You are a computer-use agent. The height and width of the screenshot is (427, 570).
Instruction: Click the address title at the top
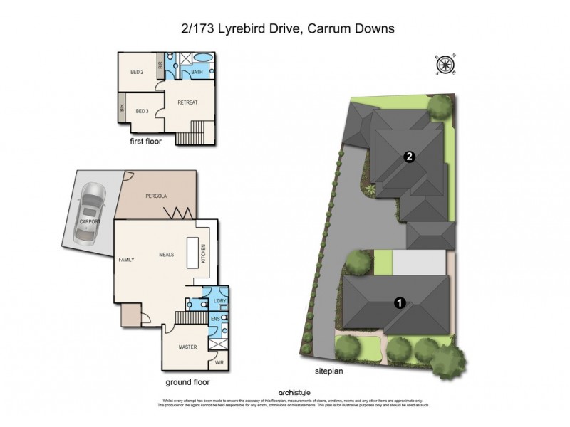coord(285,29)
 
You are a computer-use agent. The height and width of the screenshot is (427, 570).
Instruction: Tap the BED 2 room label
coord(138,73)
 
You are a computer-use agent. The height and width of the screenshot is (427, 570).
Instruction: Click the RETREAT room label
coord(187,102)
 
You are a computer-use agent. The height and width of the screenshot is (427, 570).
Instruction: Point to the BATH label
coord(198,72)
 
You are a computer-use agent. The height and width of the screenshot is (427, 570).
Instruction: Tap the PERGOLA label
coord(156,195)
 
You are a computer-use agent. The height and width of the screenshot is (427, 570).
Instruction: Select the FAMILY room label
coord(126,260)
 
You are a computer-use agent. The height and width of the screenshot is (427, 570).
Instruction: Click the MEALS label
coord(167,253)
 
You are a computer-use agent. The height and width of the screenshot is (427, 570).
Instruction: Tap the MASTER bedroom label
coord(187,347)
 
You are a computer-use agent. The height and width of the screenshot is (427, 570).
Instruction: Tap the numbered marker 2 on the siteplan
coord(409,157)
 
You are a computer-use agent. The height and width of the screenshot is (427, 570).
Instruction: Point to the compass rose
coord(446,65)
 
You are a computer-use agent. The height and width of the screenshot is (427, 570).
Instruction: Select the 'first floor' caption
coord(145,142)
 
